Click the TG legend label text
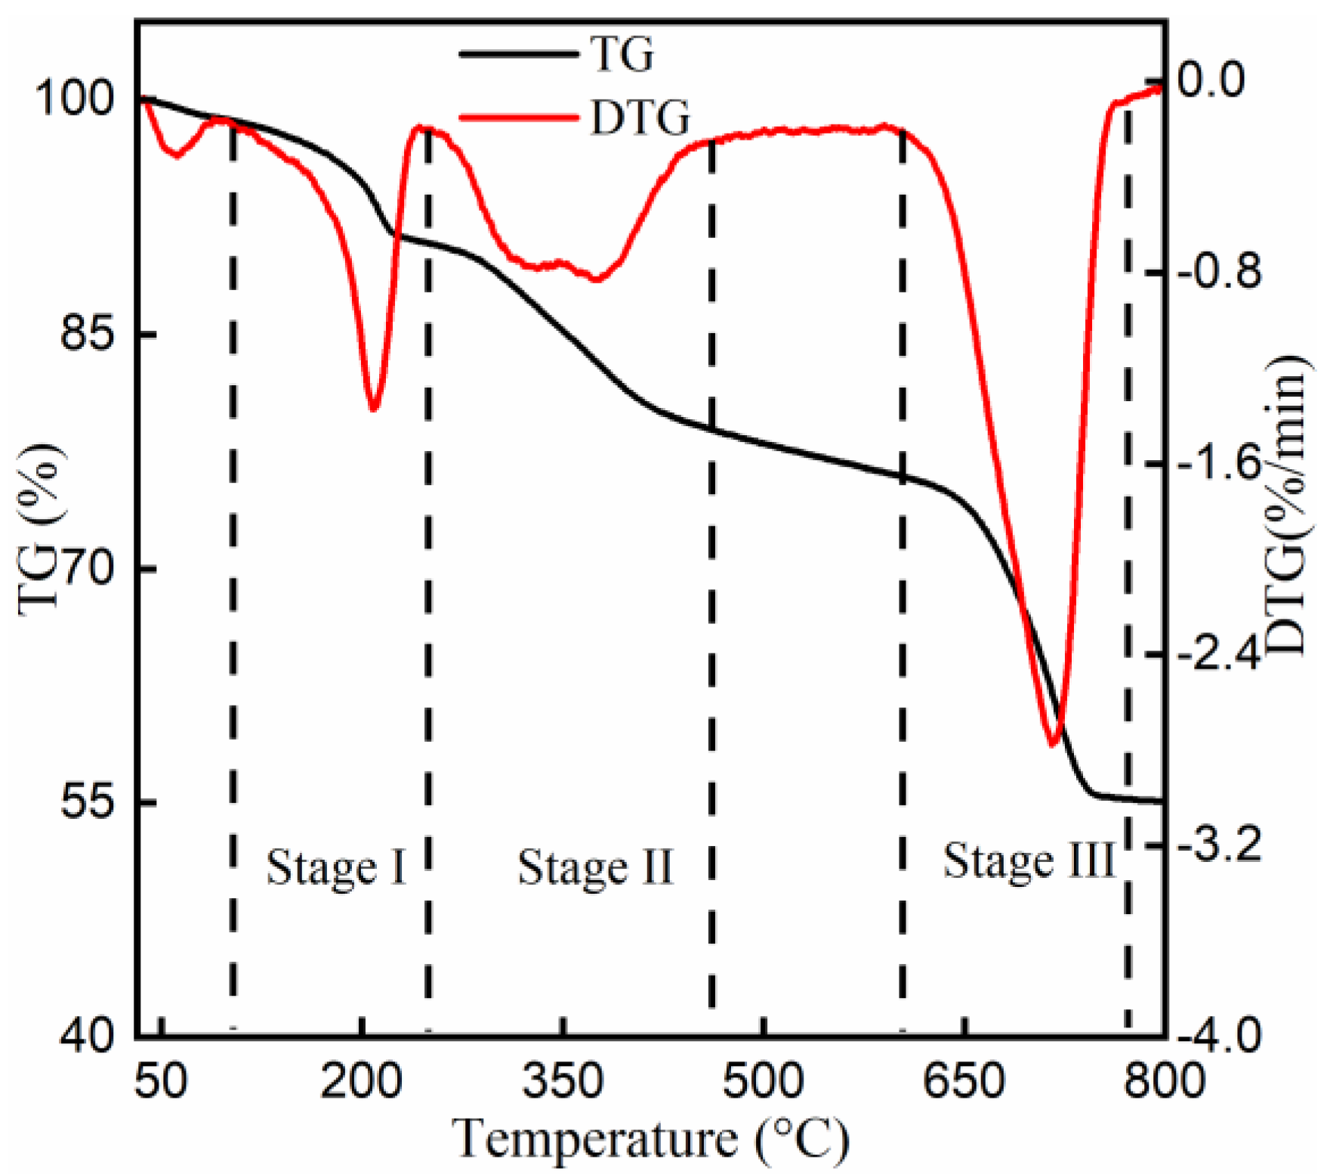click(622, 54)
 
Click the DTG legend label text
click(640, 119)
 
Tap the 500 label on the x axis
click(764, 1081)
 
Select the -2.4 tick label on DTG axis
click(1218, 654)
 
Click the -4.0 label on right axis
click(1218, 1036)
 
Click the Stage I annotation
click(336, 868)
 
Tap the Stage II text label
click(595, 868)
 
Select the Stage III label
click(1029, 862)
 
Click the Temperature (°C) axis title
click(651, 1139)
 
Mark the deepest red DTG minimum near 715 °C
click(1052, 744)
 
